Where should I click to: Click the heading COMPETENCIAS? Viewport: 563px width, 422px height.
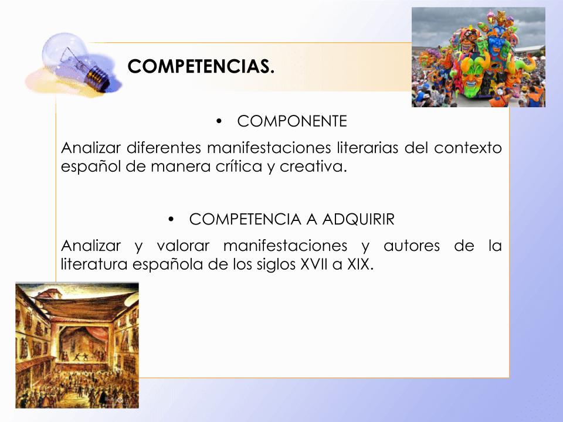click(201, 66)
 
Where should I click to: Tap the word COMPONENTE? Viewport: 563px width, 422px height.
click(292, 121)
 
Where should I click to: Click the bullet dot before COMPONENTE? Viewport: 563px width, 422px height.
click(219, 122)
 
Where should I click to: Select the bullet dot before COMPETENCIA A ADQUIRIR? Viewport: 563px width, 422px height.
click(171, 219)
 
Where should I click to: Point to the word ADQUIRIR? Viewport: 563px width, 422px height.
click(358, 220)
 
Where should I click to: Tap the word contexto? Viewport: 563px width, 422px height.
click(468, 148)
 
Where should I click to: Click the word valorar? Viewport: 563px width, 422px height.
click(183, 246)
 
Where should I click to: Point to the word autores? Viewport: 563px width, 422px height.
click(412, 246)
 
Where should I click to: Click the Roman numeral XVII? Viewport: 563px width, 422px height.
click(314, 265)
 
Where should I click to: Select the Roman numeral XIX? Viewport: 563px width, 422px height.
click(360, 265)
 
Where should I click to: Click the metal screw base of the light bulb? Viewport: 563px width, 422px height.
click(97, 77)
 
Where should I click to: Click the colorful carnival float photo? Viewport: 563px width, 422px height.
click(479, 57)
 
